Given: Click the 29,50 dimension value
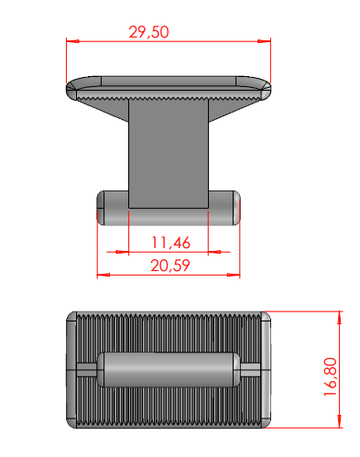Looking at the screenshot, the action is coord(148,32).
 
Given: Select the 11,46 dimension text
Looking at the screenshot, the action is coord(171,243).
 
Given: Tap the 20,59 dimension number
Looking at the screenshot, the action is coord(170,266).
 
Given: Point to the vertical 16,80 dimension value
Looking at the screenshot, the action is coord(331,377).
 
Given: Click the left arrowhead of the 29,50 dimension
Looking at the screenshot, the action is coord(72,41).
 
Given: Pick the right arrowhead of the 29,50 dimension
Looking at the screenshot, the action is coord(264,41).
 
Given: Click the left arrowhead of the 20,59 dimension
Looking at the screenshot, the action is coord(104,275).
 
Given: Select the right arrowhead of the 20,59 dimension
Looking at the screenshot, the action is coord(234,275).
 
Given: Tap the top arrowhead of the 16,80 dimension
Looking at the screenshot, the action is coord(339,318).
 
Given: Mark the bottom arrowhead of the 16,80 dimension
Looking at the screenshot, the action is coord(339,421).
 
